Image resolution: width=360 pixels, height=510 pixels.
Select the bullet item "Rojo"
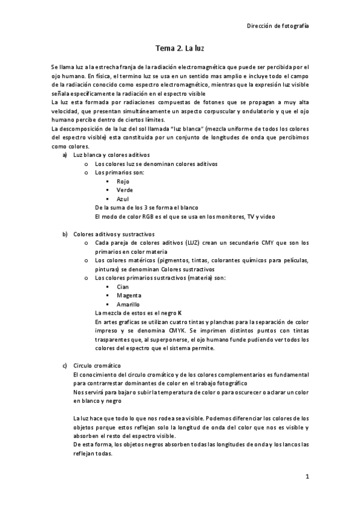point(123,181)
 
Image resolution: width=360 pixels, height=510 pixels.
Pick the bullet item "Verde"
point(124,189)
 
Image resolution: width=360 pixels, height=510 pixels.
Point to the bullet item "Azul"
point(123,198)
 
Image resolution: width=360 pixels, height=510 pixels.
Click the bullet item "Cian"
point(123,287)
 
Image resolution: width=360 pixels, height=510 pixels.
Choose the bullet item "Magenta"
point(129,295)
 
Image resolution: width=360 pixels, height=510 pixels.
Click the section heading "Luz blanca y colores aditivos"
point(107,155)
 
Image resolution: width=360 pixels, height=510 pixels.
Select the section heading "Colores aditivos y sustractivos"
point(114,234)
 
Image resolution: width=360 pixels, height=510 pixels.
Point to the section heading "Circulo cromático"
point(97,366)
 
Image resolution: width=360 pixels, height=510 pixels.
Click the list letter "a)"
point(65,155)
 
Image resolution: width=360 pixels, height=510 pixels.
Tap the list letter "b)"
point(65,234)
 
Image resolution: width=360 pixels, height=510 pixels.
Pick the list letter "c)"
point(65,366)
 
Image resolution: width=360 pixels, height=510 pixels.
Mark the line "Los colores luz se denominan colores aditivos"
point(156,164)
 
